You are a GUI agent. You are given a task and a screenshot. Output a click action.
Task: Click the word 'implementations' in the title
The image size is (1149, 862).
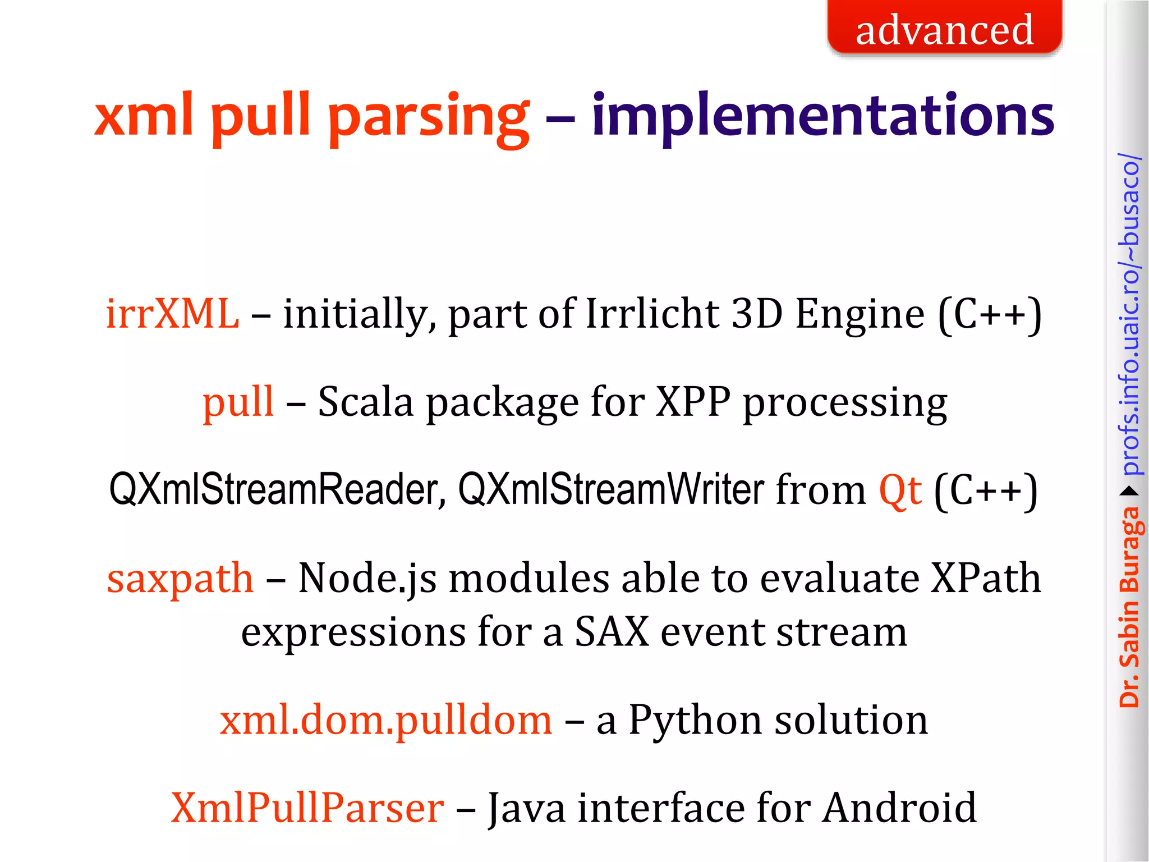(822, 116)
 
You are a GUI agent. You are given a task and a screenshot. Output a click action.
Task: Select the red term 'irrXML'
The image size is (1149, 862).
(172, 314)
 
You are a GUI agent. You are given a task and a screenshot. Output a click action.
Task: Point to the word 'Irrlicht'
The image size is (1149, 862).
(652, 314)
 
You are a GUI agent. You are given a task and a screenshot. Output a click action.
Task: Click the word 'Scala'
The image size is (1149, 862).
(365, 402)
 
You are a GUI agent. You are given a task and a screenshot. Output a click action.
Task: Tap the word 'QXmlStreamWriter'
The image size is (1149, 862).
(611, 490)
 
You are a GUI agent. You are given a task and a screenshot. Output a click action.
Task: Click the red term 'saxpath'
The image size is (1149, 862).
(180, 579)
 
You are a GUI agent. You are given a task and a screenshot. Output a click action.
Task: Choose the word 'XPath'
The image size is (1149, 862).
(985, 579)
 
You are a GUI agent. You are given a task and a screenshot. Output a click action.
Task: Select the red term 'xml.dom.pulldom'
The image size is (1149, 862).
(386, 721)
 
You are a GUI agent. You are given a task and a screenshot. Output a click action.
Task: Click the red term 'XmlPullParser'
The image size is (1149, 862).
(307, 808)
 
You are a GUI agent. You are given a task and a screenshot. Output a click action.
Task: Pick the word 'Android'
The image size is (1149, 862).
(899, 808)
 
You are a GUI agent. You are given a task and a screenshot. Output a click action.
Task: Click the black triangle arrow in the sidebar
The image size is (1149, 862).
(1129, 492)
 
